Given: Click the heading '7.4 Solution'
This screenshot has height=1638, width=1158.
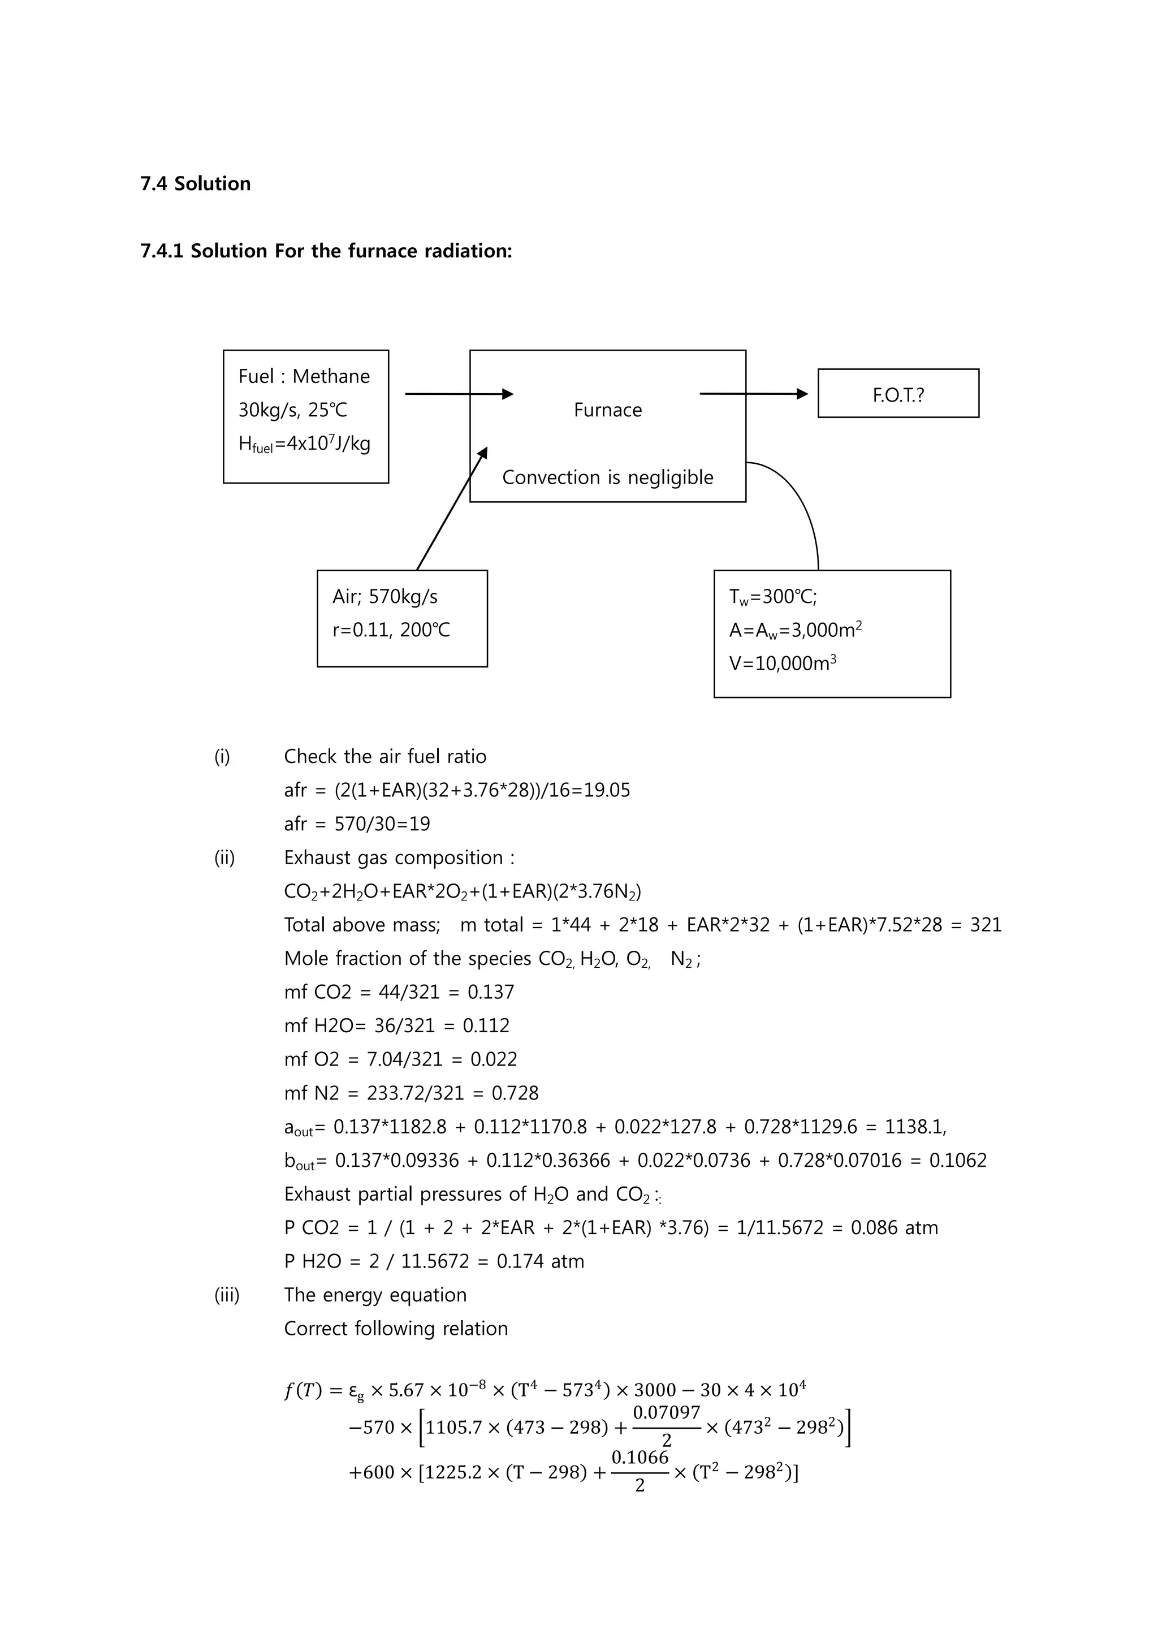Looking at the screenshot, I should pos(196,184).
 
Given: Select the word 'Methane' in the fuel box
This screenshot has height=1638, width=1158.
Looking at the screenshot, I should pos(331,377).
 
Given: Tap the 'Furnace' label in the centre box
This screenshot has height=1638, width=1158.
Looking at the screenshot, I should pos(607,410).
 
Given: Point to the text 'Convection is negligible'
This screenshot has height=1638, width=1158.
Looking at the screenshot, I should pos(607,477).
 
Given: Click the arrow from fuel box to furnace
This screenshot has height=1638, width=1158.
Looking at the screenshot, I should pos(459,394).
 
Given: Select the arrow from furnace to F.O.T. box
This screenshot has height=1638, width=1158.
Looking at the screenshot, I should pos(753,394).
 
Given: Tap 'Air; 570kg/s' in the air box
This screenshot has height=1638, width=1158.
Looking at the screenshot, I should pos(385,596).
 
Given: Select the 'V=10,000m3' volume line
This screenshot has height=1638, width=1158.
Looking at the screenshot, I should pos(782,663).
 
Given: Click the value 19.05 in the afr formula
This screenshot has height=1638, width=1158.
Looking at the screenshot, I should pos(606,791).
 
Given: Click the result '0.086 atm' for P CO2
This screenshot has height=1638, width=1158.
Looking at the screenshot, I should pos(894,1228).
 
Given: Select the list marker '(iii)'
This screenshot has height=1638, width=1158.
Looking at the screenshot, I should pos(227,1295).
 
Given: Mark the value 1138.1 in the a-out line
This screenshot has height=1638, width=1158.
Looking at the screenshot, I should pos(915,1127).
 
